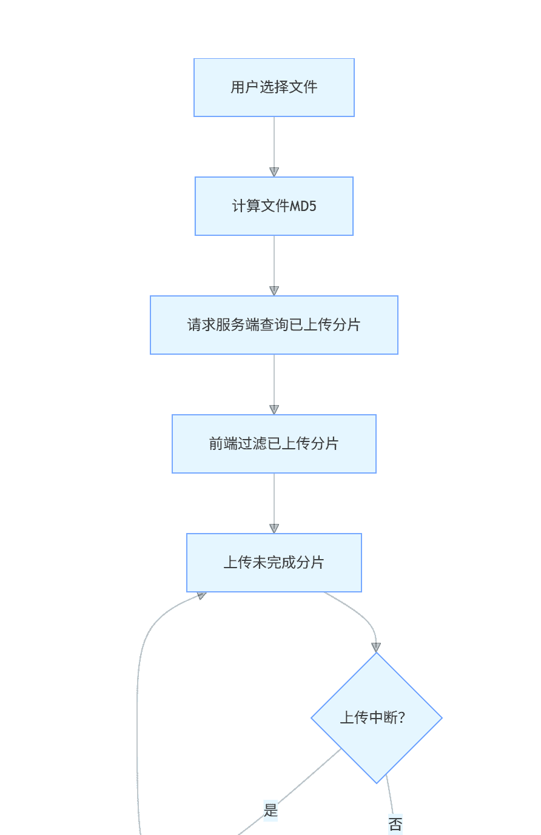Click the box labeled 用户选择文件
274,87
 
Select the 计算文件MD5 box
274,206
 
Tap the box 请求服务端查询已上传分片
274,325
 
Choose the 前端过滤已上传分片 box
274,444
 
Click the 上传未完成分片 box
274,563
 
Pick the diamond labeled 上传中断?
376,718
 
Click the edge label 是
270,810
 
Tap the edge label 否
395,824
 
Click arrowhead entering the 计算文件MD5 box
274,172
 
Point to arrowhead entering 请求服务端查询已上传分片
274,290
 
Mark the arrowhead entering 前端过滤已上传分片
274,409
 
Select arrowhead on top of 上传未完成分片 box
274,528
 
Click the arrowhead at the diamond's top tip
376,647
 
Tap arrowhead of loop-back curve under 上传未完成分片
201,596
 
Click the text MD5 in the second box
303,206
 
